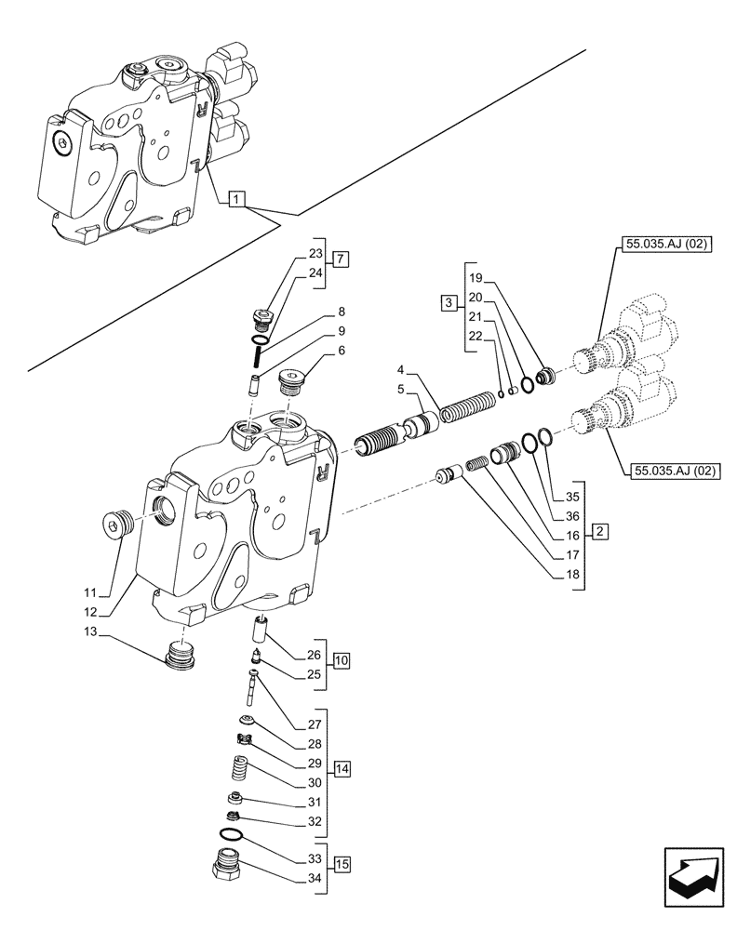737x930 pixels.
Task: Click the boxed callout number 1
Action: coord(236,198)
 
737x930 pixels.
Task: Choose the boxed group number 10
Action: coord(341,661)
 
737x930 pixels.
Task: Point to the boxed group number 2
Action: coord(600,533)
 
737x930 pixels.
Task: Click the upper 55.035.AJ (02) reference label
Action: coord(662,246)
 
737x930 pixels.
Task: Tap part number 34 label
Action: coord(314,880)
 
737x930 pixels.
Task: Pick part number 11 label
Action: coord(89,592)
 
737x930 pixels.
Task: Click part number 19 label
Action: coord(475,277)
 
